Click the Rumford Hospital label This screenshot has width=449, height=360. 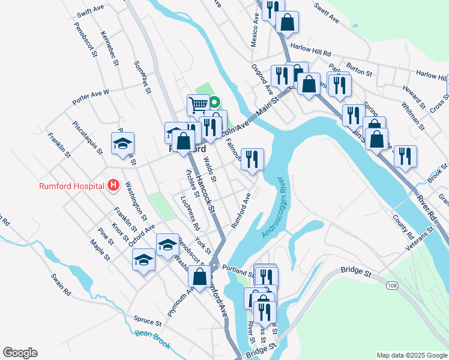[71, 186]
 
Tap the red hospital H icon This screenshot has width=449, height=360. [113, 185]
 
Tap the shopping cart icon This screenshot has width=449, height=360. [197, 104]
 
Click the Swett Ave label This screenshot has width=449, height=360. [327, 12]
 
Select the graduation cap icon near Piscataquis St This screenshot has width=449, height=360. [122, 144]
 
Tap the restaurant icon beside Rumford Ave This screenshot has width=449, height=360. [252, 159]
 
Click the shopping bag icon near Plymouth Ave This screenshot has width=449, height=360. [199, 277]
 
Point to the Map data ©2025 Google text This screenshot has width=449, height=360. [411, 355]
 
